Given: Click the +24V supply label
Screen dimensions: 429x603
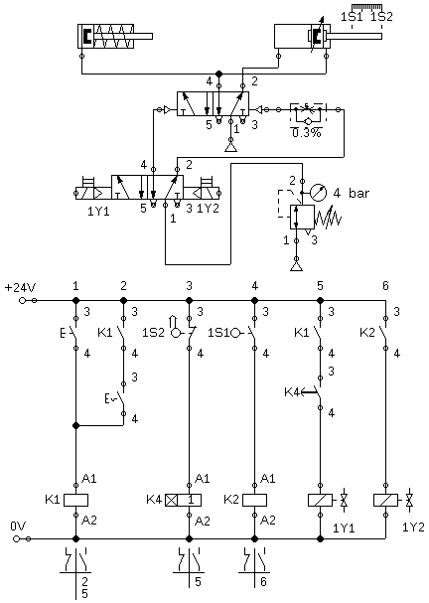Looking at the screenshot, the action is pos(21,288).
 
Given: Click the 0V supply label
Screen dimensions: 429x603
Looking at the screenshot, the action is pos(18,527).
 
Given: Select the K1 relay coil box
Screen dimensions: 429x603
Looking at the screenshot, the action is pos(75,500).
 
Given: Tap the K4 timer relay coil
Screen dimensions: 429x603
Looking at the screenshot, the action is pos(184,500).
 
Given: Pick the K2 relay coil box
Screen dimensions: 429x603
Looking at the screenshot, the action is pos(254,500).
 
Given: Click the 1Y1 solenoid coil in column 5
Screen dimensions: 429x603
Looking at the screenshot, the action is pos(320,500).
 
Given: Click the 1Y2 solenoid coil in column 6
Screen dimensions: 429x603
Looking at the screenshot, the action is pos(385,500).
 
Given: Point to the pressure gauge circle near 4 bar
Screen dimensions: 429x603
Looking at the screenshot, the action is pos(319,193).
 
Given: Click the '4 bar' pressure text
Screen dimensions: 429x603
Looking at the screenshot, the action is pos(351,193).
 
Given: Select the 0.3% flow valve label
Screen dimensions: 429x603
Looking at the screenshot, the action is pos(307,133).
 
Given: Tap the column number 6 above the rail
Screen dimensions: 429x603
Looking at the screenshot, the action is pos(385,286).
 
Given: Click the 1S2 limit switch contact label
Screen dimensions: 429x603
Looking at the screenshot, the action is pos(150,333).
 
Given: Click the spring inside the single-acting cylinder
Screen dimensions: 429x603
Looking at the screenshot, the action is pos(115,36).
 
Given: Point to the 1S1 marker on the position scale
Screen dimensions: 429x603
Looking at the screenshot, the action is pos(352,17).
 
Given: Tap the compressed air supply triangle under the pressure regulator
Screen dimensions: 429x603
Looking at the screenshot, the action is pos(296,265).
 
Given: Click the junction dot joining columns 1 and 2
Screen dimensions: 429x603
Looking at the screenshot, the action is pos(75,425).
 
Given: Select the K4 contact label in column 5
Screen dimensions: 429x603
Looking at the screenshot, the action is pos(291,392).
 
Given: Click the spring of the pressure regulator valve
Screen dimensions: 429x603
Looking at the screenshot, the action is pos(328,220).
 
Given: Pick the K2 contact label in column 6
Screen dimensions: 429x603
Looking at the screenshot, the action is pos(367,333).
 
